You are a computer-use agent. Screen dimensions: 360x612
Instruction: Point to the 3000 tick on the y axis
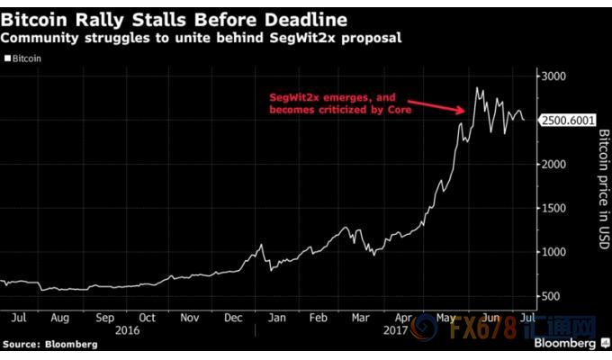pos(554,77)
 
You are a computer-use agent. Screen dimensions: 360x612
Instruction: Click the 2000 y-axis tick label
pos(554,165)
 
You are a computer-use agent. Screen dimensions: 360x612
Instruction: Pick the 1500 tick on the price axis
pos(554,209)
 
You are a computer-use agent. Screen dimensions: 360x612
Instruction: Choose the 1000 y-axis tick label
pos(554,252)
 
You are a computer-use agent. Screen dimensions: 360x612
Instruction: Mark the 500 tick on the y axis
pos(552,296)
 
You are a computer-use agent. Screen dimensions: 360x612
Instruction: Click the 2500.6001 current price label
pos(568,121)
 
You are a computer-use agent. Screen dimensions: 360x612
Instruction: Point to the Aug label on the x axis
pos(61,318)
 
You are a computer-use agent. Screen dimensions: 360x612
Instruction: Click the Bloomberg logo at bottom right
pos(564,344)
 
